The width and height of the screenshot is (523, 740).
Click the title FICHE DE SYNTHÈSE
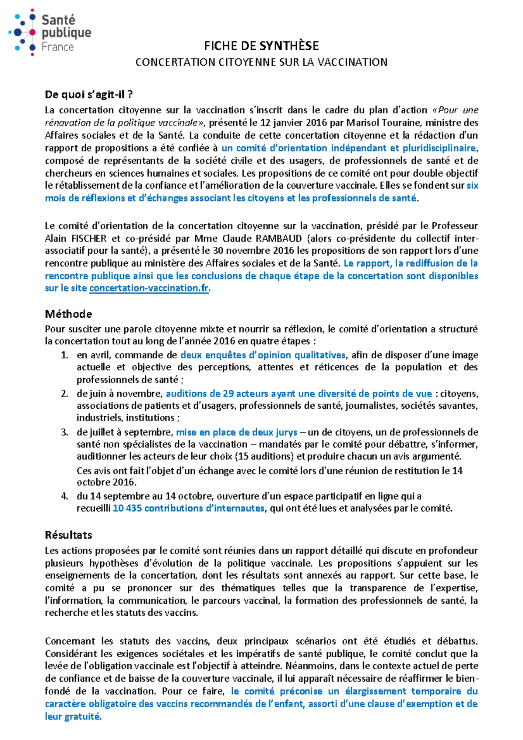[x=261, y=46]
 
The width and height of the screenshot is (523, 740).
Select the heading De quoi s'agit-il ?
[x=88, y=95]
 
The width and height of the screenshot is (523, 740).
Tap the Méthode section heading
[x=68, y=314]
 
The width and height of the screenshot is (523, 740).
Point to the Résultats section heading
[x=68, y=535]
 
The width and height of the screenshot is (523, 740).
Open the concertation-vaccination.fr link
[x=149, y=288]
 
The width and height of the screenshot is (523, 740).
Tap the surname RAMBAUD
[x=278, y=238]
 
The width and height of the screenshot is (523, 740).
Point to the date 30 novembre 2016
[x=247, y=251]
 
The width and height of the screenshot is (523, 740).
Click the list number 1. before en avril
[x=65, y=355]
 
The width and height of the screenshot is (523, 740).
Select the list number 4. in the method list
[x=65, y=496]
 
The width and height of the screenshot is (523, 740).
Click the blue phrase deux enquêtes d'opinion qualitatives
[x=263, y=355]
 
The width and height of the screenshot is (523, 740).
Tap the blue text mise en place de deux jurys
[x=237, y=432]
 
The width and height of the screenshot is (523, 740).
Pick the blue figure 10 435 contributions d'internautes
[x=188, y=508]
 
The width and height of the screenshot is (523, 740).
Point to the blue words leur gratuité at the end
[x=73, y=716]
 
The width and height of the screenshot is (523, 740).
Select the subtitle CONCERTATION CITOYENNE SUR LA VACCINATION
[x=261, y=62]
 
